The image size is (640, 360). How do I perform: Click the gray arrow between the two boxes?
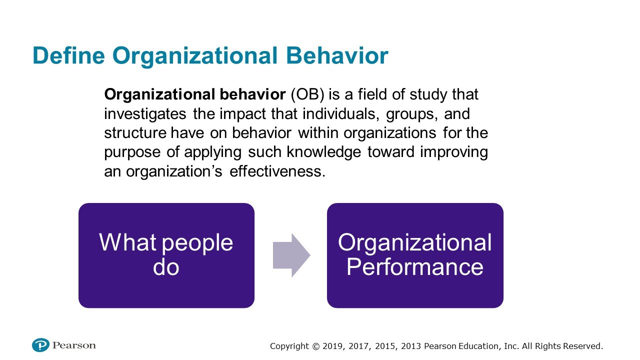point(291,255)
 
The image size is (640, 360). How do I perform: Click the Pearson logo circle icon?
point(40,345)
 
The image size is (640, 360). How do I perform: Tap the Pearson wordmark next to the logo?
point(74,345)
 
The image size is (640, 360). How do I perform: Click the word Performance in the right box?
point(414,266)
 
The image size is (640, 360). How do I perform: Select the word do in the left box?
point(166,266)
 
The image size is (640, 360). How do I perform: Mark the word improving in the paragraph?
point(453,152)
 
